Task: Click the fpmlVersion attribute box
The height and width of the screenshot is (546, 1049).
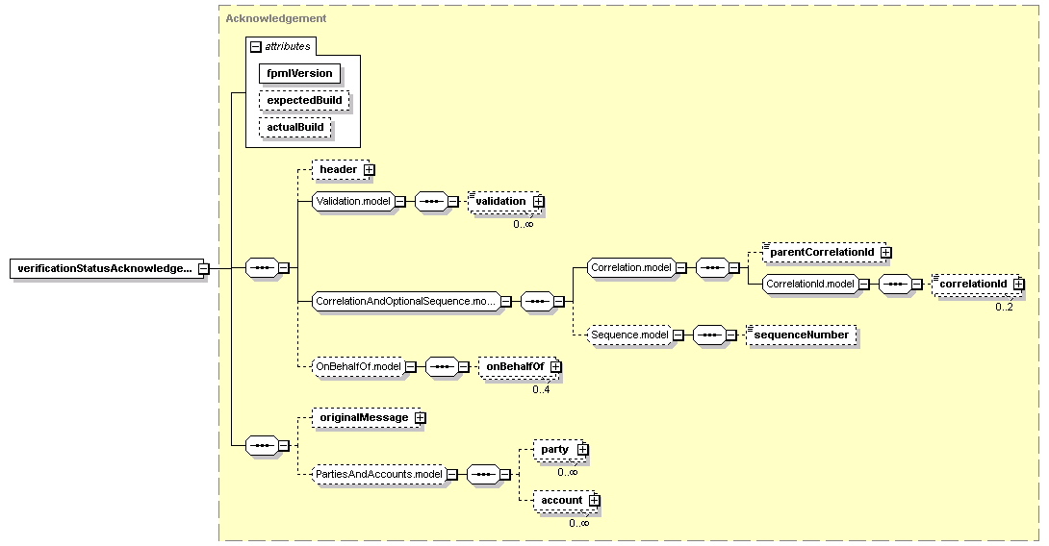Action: pos(299,73)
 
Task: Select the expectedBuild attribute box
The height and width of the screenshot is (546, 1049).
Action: pos(304,100)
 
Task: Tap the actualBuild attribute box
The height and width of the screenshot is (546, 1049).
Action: pos(295,127)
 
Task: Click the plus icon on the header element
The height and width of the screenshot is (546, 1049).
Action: pos(370,170)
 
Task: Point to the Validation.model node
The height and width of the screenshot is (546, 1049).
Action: pos(353,201)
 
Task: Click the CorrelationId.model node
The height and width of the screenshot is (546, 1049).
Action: pos(810,284)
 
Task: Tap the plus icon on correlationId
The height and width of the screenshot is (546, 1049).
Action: pos(1018,284)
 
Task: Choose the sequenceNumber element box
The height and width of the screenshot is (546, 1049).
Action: pos(802,335)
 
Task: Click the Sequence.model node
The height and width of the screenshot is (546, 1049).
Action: pos(629,335)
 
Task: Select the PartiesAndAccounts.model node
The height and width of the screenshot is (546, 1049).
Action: pos(379,475)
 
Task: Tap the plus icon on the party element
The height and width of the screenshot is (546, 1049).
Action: pos(582,450)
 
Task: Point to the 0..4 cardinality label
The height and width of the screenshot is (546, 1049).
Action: pos(541,389)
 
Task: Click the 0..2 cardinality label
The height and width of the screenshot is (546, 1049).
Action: pos(1004,308)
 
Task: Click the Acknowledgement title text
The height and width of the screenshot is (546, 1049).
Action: pos(276,18)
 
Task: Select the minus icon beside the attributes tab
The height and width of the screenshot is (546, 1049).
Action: pos(256,47)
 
